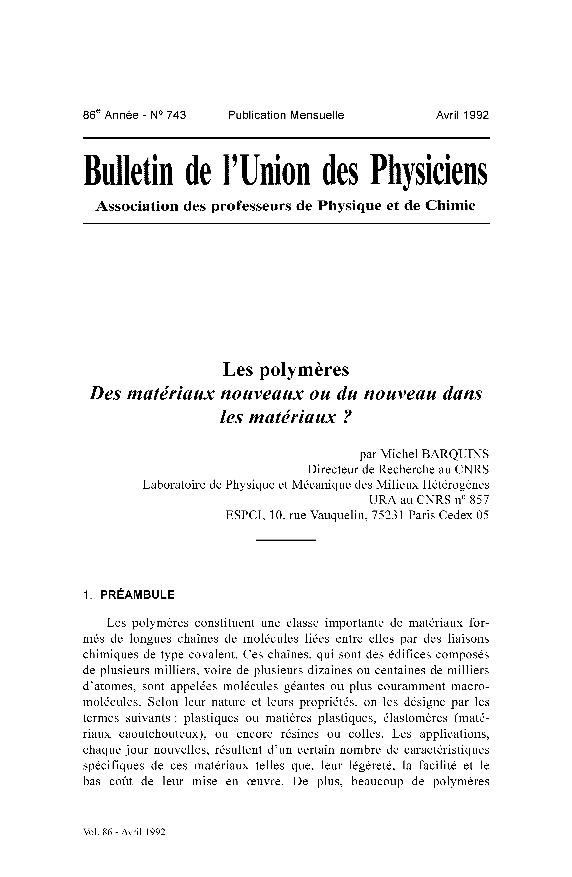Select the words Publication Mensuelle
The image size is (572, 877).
(x=286, y=115)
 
